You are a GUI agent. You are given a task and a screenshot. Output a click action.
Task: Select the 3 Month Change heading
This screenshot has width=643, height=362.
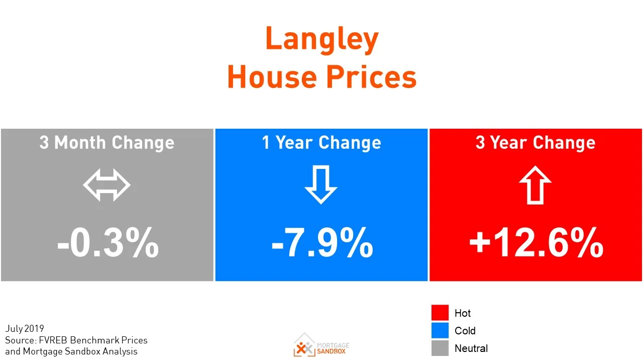click(x=107, y=143)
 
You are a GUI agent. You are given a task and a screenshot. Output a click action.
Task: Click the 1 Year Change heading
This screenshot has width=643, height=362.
click(x=321, y=143)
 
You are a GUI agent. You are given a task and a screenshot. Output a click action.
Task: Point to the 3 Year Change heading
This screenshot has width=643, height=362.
click(x=535, y=143)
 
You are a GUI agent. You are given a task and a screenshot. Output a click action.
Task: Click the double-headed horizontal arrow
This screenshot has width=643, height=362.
click(x=106, y=186)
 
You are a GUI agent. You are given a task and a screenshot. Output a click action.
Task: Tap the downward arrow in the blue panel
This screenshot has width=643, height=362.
click(x=321, y=185)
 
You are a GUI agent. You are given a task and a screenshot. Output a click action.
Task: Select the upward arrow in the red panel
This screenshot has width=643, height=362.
click(x=535, y=185)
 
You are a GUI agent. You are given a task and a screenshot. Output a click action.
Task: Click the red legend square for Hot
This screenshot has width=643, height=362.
click(x=440, y=313)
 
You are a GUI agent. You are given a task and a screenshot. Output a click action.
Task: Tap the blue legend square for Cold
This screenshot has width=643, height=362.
click(x=440, y=330)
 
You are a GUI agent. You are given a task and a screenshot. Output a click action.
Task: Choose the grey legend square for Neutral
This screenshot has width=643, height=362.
click(x=440, y=348)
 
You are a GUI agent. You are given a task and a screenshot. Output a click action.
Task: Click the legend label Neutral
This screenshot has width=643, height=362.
click(x=471, y=348)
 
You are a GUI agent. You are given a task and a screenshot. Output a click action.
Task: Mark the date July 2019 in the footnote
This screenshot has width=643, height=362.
click(x=25, y=329)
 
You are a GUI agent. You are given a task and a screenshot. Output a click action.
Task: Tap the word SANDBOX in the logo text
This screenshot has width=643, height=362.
click(x=332, y=351)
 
